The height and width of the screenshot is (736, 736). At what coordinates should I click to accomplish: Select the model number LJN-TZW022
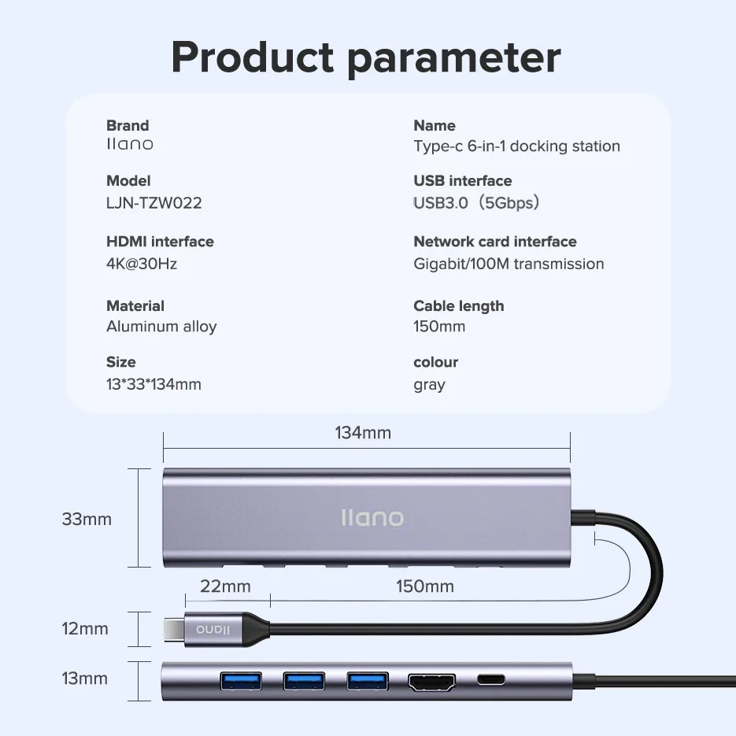(x=154, y=203)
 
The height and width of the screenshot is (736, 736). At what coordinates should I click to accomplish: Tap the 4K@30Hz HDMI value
(x=142, y=264)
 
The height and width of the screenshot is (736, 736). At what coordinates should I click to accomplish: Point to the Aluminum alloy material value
(x=161, y=327)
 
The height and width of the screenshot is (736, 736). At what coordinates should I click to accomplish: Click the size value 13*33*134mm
(x=153, y=385)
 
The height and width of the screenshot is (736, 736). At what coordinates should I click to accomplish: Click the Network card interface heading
(x=495, y=242)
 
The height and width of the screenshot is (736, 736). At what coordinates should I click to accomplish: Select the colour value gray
(x=429, y=385)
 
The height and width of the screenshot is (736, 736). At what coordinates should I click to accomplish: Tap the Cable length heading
(x=459, y=306)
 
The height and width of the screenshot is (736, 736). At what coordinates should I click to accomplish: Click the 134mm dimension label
(x=363, y=433)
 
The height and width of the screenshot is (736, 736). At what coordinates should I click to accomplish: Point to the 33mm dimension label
(x=87, y=520)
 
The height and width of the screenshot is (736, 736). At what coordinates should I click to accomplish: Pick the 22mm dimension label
(x=225, y=586)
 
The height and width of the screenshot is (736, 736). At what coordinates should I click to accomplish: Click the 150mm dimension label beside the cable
(x=425, y=586)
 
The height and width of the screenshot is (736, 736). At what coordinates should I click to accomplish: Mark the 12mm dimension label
(x=85, y=629)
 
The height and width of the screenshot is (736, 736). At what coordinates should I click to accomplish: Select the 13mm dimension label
(x=85, y=679)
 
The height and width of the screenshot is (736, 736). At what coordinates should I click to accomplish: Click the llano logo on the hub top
(x=372, y=518)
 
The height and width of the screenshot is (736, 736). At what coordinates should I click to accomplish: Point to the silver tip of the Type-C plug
(x=171, y=629)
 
